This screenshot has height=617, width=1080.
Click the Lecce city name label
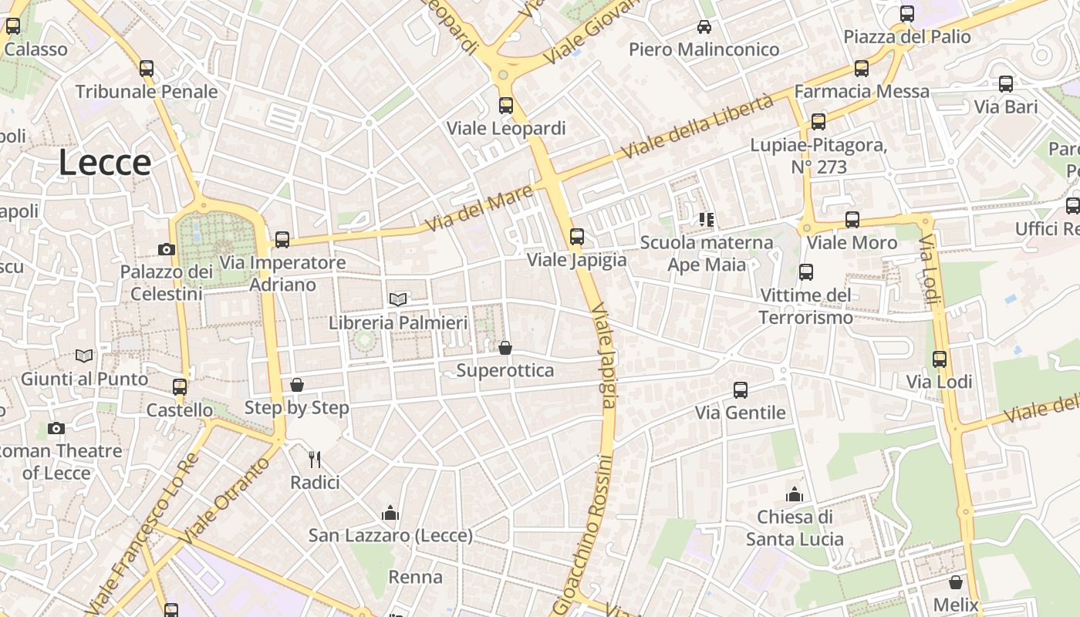105,163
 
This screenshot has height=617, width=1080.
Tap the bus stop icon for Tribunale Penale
147,69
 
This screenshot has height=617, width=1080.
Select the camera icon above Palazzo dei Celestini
166,249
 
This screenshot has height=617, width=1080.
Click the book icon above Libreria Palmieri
398,299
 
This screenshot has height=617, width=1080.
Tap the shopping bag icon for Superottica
505,348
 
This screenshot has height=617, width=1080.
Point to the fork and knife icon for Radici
315,460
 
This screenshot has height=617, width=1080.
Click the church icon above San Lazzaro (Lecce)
390,513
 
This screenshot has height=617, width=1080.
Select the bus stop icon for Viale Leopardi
506,106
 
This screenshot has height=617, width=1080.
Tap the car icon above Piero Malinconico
704,27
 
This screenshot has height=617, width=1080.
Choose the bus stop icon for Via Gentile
741,389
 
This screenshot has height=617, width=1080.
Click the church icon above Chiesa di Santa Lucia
795,494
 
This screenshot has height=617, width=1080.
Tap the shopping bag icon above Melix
956,582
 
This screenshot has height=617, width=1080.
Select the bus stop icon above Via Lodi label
940,359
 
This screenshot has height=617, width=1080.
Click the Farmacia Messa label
862,91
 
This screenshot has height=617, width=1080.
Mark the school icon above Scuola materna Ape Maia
706,220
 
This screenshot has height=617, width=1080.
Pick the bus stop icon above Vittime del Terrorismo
806,271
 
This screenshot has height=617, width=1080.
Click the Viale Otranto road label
228,500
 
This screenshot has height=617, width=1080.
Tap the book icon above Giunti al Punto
84,356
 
